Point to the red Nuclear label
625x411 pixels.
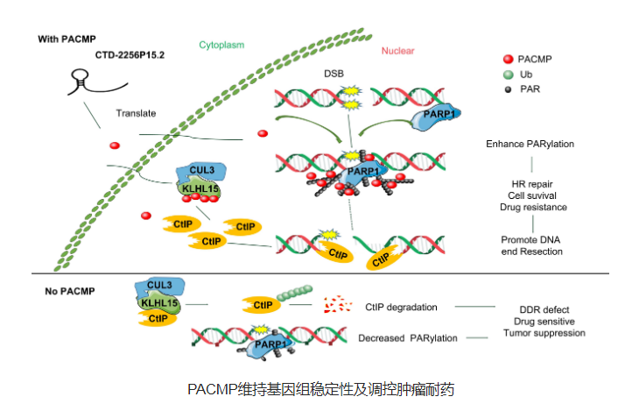[x=397, y=52]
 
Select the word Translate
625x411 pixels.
[x=136, y=113]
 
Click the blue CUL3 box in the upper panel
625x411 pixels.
[x=200, y=172]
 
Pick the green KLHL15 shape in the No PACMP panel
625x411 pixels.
[x=158, y=303]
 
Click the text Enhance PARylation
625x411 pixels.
[x=531, y=143]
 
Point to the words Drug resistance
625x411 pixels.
[x=533, y=208]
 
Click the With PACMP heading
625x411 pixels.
[x=67, y=39]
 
